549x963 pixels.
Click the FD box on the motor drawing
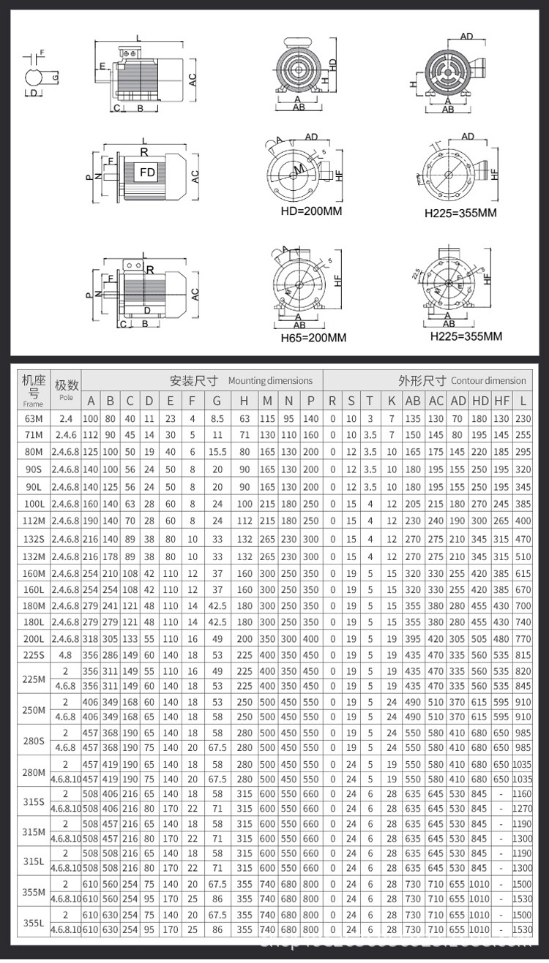[147, 173]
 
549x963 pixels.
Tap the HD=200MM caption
[312, 211]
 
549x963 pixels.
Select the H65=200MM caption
[313, 338]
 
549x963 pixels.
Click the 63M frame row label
[34, 418]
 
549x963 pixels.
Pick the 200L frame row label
[34, 638]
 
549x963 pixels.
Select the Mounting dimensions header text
[270, 380]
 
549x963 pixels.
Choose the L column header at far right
[523, 401]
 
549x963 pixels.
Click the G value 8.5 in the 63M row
[217, 418]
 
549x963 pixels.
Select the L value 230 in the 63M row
[523, 418]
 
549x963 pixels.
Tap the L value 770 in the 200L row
[523, 638]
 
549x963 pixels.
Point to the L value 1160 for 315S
[523, 794]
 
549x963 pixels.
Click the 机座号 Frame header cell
[34, 390]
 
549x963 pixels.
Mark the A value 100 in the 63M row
[90, 418]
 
